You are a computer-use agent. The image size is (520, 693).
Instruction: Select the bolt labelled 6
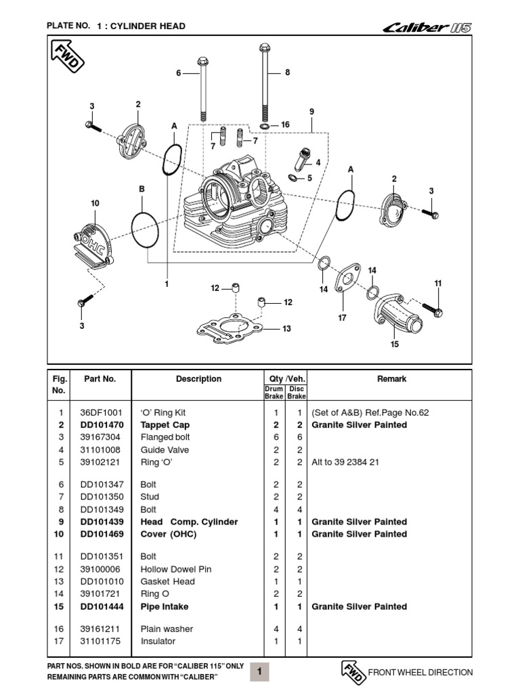pyautogui.click(x=202, y=88)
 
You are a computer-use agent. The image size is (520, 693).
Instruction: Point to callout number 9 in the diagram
pyautogui.click(x=311, y=112)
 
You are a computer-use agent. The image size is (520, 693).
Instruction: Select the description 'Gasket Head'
pyautogui.click(x=167, y=581)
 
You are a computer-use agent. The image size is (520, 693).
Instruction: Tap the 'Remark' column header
pyautogui.click(x=391, y=379)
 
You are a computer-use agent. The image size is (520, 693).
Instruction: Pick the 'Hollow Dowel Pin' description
pyautogui.click(x=176, y=569)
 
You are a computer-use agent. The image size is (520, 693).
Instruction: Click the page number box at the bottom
pyautogui.click(x=260, y=671)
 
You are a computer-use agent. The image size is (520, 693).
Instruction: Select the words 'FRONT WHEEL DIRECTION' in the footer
pyautogui.click(x=420, y=672)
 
